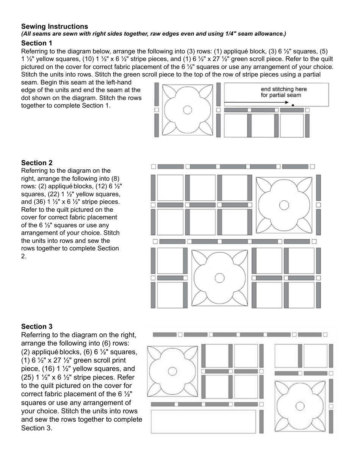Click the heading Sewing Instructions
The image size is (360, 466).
pyautogui.click(x=55, y=27)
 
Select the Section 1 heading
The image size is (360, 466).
pyautogui.click(x=37, y=43)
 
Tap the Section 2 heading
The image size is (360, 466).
pyautogui.click(x=37, y=163)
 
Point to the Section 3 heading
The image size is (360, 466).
pyautogui.click(x=37, y=327)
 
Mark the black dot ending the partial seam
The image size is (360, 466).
pyautogui.click(x=293, y=104)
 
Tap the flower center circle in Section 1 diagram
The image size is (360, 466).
pyautogui.click(x=187, y=110)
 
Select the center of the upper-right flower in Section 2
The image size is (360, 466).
pyautogui.click(x=284, y=205)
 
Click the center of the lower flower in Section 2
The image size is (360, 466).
pyautogui.click(x=219, y=278)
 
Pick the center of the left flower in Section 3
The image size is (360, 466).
pyautogui.click(x=172, y=371)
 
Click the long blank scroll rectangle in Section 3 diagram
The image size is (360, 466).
pyautogui.click(x=203, y=421)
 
